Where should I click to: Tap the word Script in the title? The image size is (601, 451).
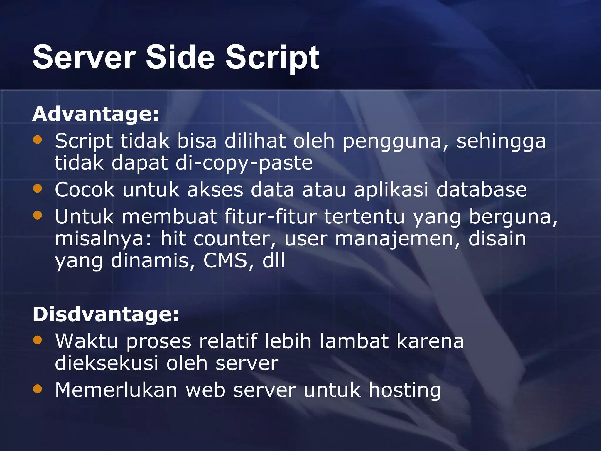point(272,58)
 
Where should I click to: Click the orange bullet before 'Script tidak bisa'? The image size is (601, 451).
point(38,139)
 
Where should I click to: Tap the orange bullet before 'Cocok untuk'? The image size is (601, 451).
point(38,188)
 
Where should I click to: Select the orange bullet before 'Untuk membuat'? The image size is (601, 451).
point(38,215)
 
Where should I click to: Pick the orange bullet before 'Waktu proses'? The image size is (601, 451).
point(38,340)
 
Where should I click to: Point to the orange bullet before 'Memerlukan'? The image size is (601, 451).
point(38,389)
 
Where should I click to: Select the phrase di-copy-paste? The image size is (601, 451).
point(244,164)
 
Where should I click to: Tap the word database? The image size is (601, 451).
point(482,190)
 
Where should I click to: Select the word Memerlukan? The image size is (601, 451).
point(116,390)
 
